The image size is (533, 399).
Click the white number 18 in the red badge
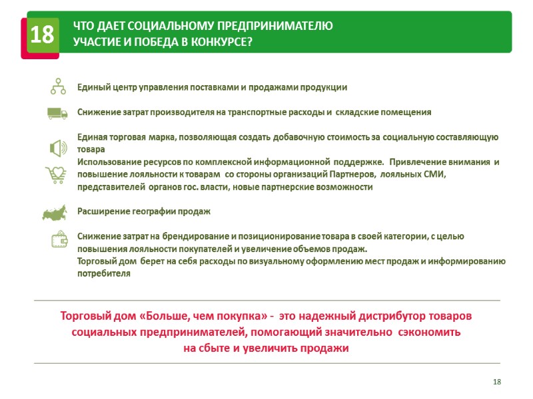click(x=41, y=35)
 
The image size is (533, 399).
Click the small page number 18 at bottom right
click(x=496, y=381)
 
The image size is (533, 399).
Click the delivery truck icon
click(x=58, y=113)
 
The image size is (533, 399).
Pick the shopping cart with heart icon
click(x=56, y=175)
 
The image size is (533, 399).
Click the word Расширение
click(x=101, y=211)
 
